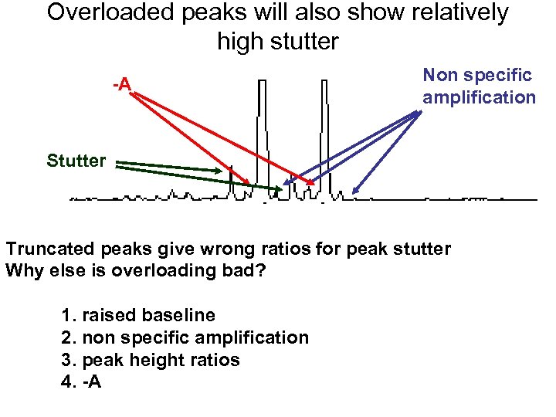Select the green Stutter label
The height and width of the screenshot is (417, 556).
point(76,161)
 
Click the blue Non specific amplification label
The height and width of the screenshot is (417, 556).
point(478,86)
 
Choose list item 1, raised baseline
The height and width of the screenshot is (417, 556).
point(137,315)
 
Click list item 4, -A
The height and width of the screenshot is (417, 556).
point(80,382)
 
